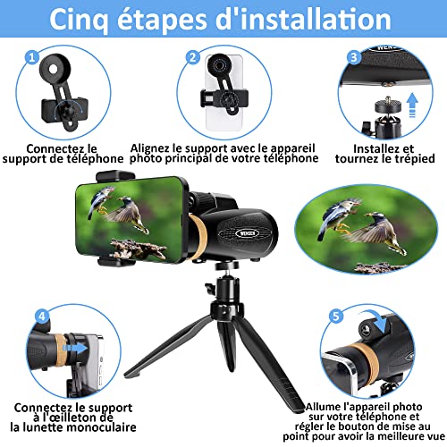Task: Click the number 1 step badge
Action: (32, 57)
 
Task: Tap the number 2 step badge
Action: (193, 57)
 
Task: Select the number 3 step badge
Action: (354, 57)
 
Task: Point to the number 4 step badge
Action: (42, 316)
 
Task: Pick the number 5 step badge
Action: (336, 316)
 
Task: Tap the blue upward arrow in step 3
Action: (412, 105)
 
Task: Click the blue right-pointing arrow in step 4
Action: (75, 348)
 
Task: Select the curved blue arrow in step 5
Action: (376, 319)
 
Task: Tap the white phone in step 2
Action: (224, 93)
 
